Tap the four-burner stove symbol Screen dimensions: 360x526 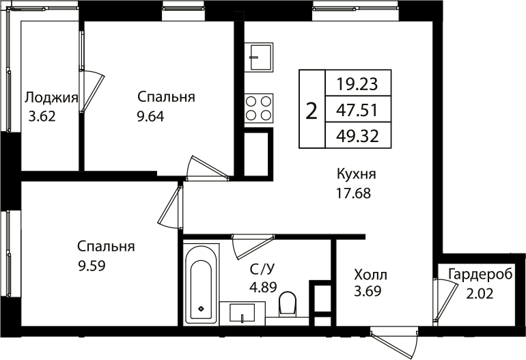[x=259, y=108]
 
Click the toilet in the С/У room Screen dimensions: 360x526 [x=288, y=304]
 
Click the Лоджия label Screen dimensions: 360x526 [x=52, y=97]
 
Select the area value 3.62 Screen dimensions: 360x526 [x=42, y=115]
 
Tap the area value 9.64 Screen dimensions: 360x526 [x=150, y=115]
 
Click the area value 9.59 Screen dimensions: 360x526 [x=91, y=266]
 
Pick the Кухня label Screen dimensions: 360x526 [x=357, y=174]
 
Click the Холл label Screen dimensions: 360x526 [x=370, y=275]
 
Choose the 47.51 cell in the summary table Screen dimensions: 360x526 [x=357, y=109]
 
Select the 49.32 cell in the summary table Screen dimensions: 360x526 [x=357, y=135]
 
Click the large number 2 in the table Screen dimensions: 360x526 [x=312, y=109]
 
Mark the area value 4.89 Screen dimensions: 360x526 [x=263, y=287]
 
